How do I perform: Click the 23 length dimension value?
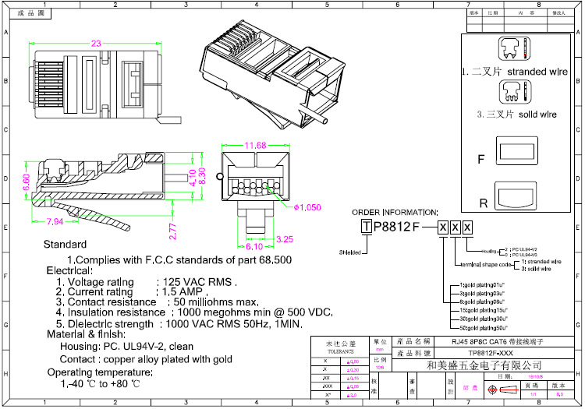[x=96, y=44]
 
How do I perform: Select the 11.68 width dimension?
[x=255, y=145]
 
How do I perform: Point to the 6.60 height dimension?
[x=26, y=182]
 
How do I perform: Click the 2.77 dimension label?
[x=174, y=231]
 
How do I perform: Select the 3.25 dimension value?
[x=284, y=239]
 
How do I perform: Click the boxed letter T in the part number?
[x=366, y=227]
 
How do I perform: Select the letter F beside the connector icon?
[x=481, y=159]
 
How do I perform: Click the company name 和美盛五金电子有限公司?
[x=484, y=365]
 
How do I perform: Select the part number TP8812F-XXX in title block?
[x=484, y=353]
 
